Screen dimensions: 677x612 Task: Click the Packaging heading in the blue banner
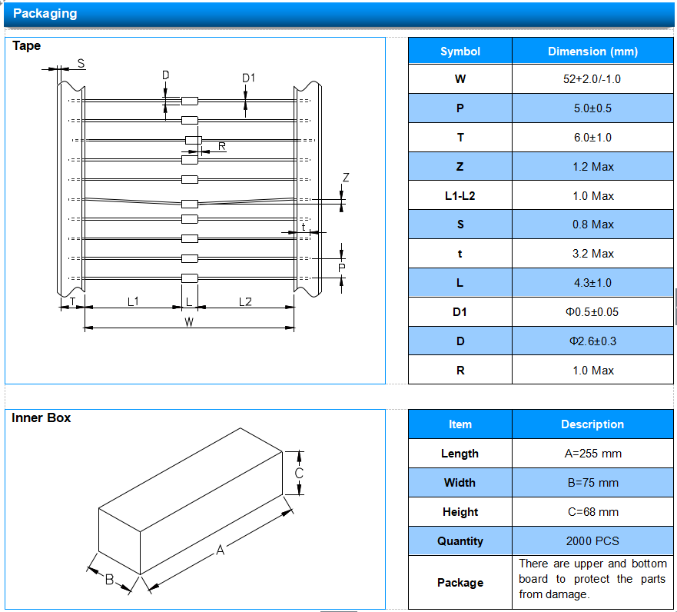pos(45,13)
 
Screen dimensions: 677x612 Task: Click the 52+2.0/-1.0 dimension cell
pos(592,79)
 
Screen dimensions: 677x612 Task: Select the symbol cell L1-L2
pos(460,196)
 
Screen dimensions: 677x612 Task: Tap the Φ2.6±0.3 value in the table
pos(592,341)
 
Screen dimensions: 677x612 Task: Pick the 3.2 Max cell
pos(592,254)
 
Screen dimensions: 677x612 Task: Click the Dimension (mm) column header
pos(592,52)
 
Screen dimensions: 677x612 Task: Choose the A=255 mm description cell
pos(592,454)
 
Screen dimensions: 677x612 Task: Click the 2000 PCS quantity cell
pos(592,540)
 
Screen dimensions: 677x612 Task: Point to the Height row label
pos(460,512)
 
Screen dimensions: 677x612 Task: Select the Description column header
pos(592,424)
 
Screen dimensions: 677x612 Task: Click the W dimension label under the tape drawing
pos(189,322)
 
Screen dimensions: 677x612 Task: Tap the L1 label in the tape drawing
pos(133,301)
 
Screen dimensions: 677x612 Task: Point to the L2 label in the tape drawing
pos(245,302)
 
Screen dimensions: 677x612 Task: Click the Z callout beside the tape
pos(346,178)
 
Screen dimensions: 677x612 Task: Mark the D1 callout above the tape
pos(249,78)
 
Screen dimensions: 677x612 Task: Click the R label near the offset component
pos(222,146)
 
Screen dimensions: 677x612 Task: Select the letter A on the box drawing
pos(221,550)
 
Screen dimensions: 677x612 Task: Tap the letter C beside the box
pos(299,474)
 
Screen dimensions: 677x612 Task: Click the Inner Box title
pos(41,417)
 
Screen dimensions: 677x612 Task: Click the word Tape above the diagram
pos(27,46)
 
